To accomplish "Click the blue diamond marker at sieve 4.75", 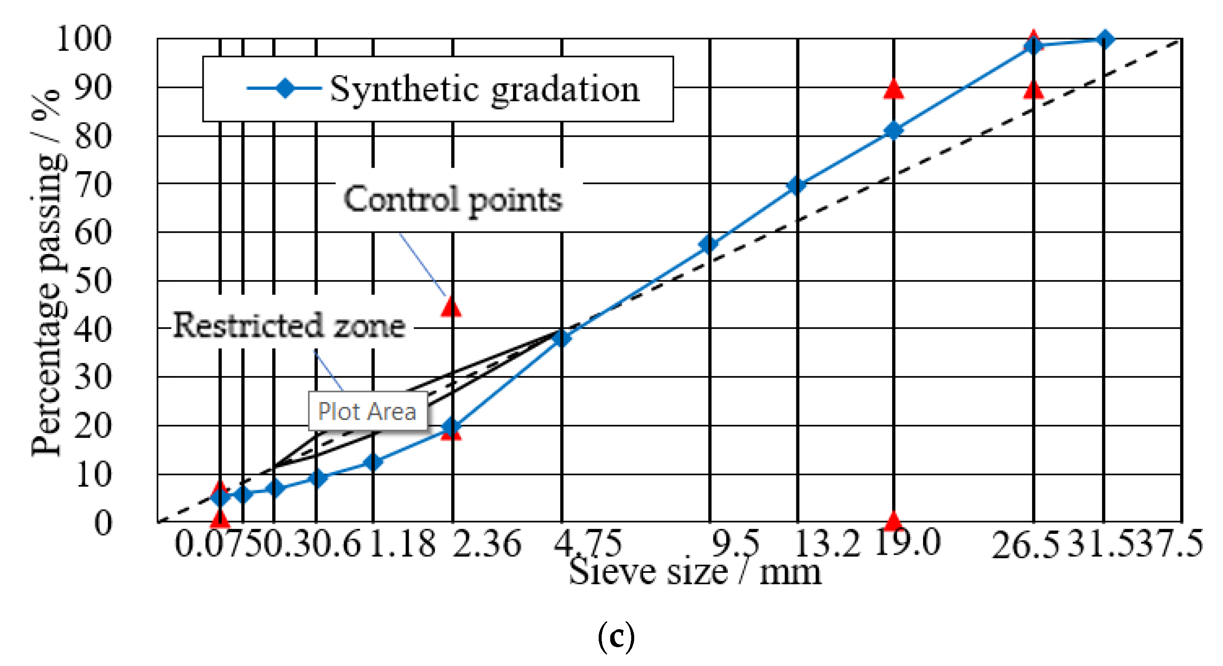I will tap(562, 338).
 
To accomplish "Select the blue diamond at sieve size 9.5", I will tap(708, 245).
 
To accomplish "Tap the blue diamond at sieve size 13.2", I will tap(797, 186).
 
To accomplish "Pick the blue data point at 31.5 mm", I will tap(1105, 39).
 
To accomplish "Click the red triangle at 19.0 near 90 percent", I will tap(894, 89).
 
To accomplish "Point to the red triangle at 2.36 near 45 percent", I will tap(451, 307).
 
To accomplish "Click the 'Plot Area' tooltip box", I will tap(368, 411).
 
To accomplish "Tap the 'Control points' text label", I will tap(453, 199).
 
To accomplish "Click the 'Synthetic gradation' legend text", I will tap(485, 90).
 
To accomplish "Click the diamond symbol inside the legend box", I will tap(285, 88).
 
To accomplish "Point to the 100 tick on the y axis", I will tap(83, 38).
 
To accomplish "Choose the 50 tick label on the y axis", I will tap(93, 281).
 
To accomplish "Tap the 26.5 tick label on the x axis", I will tap(1025, 545).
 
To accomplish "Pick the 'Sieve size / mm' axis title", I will tap(695, 572).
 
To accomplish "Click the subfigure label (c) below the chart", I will tap(616, 637).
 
